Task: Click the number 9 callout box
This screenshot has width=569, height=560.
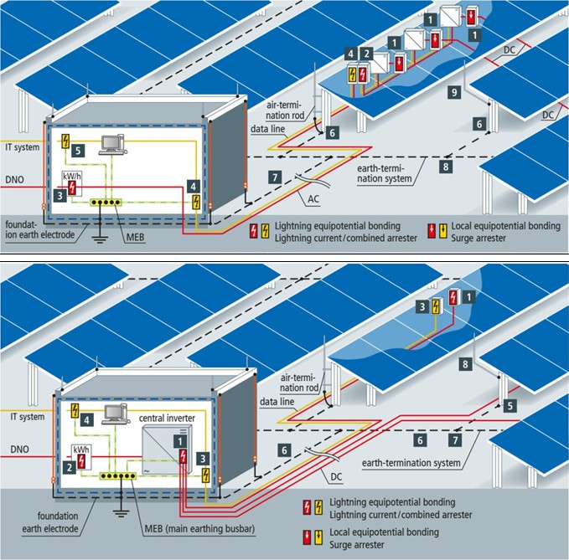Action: pos(452,94)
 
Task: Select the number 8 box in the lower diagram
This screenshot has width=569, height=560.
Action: pos(463,364)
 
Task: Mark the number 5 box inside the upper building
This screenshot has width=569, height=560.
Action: pos(78,152)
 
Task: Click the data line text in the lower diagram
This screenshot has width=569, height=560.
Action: pos(277,402)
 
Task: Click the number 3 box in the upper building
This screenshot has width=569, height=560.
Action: pos(60,195)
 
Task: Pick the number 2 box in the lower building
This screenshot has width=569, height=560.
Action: pos(66,467)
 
